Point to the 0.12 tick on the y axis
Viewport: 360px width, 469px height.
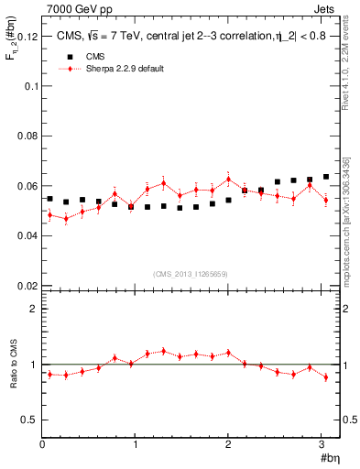(x=27, y=37)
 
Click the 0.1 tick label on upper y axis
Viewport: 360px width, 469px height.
(x=30, y=86)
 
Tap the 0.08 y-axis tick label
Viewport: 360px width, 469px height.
(x=27, y=136)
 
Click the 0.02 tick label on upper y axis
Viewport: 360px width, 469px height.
(x=27, y=286)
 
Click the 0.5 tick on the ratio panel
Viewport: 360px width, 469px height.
(x=29, y=420)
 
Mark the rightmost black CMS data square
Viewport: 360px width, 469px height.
(x=325, y=177)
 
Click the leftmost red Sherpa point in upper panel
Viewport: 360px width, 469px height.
(x=49, y=214)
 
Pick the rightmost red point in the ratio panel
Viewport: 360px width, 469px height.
(x=325, y=376)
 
